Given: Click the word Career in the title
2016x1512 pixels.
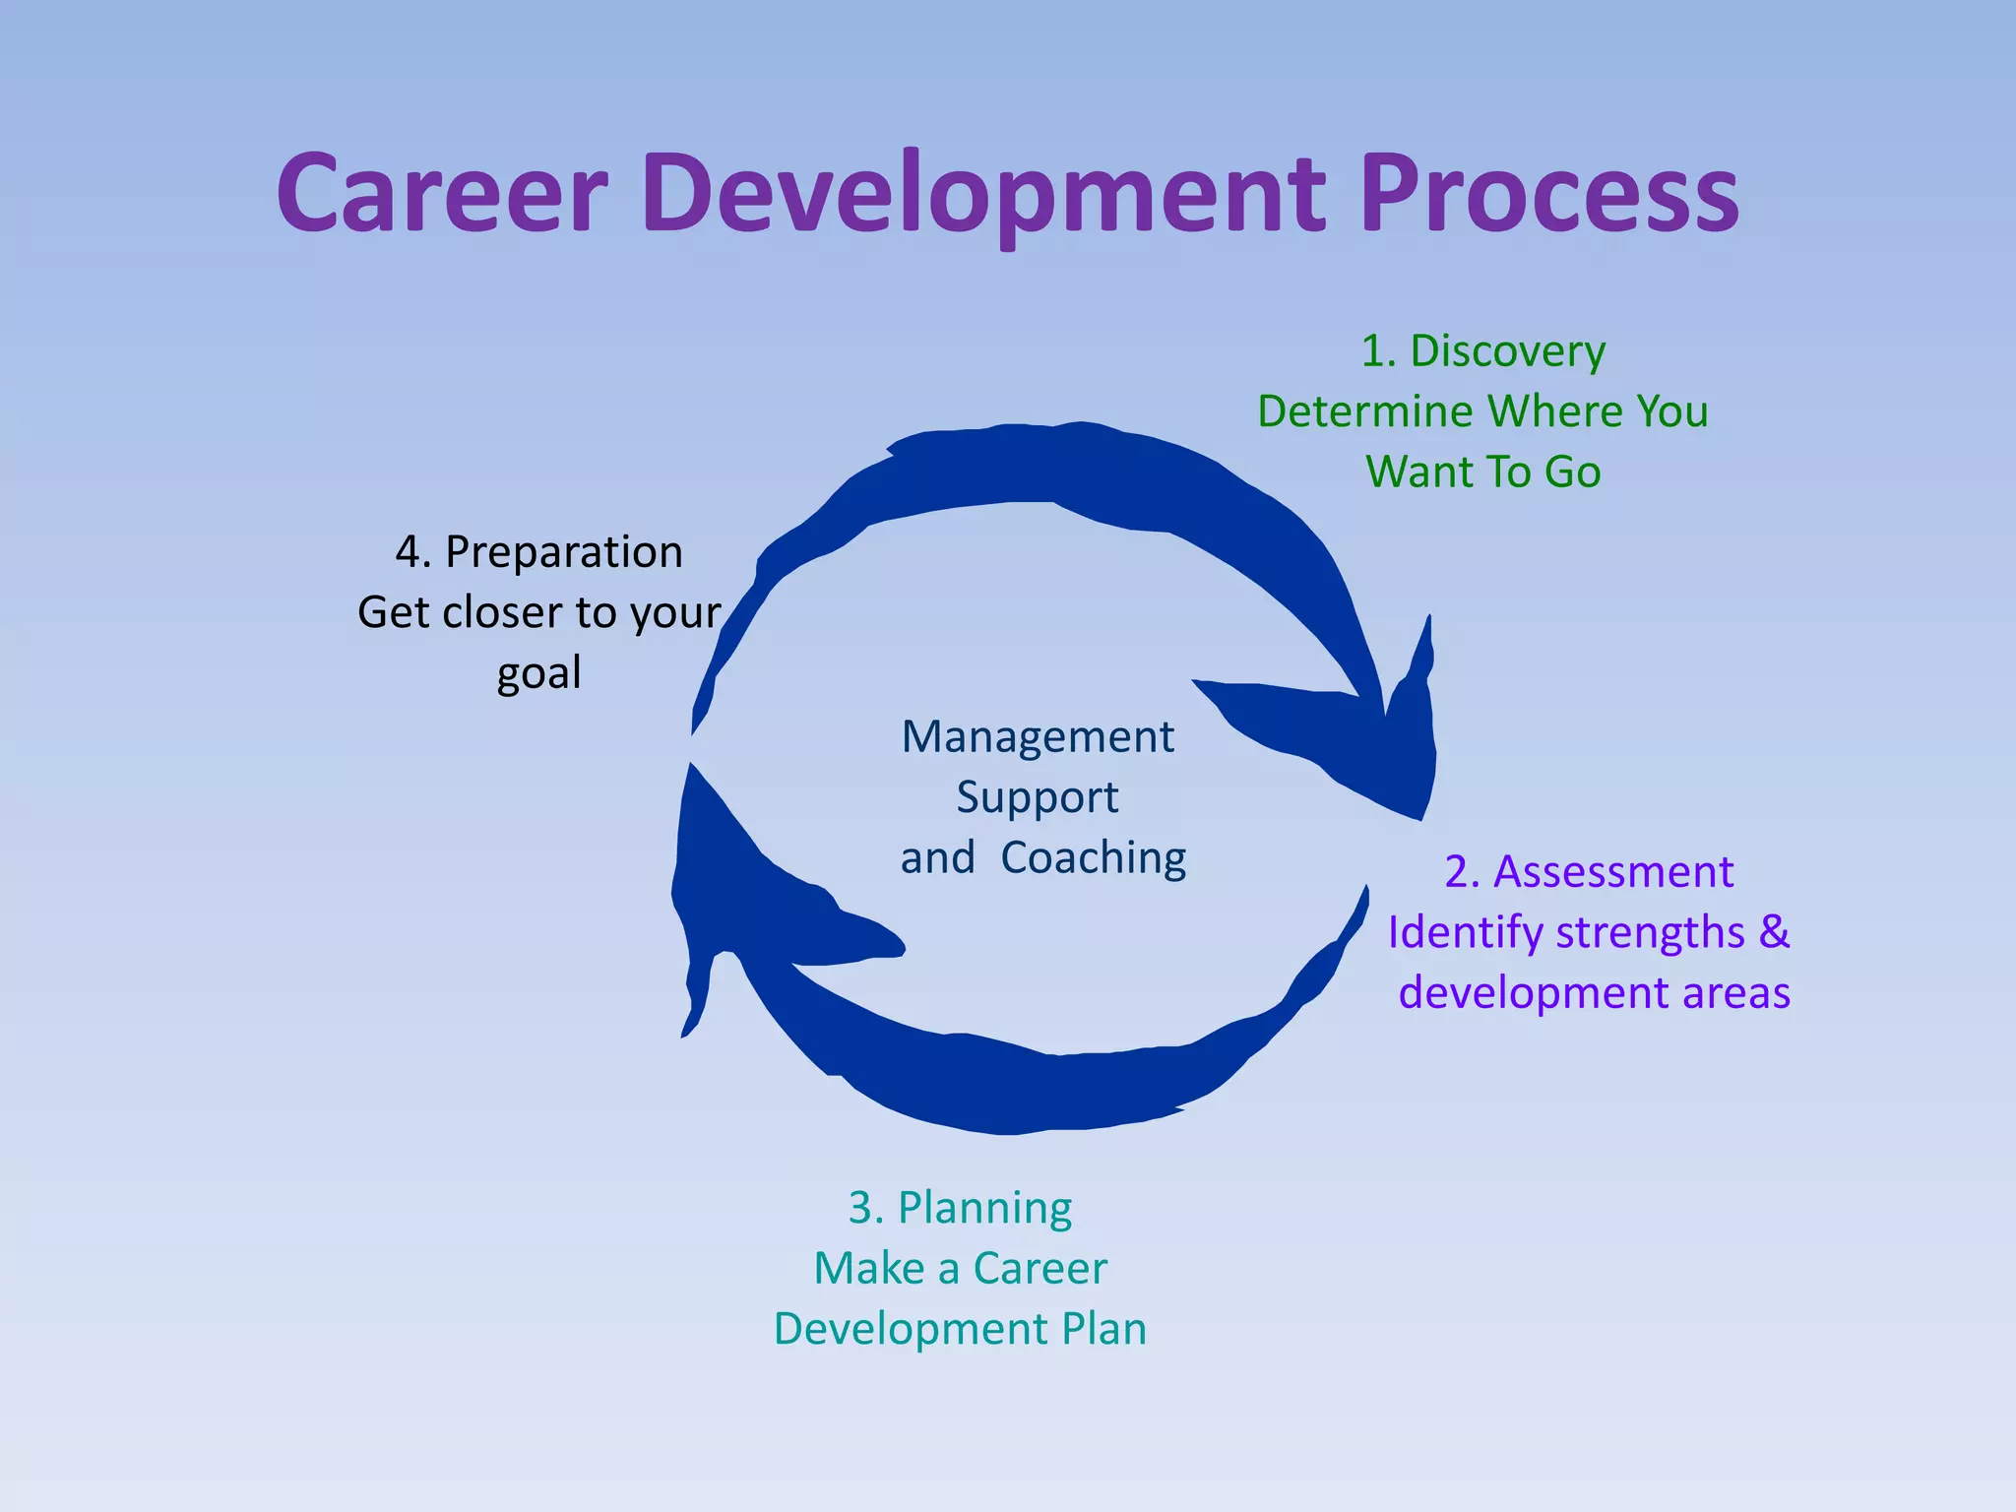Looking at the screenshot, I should click(442, 194).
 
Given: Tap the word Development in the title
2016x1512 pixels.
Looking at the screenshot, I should click(984, 194).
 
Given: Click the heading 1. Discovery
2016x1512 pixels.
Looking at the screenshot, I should click(1482, 351).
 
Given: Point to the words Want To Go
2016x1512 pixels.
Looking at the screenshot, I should click(1482, 472).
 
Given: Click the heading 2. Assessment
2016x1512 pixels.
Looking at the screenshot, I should click(1588, 872).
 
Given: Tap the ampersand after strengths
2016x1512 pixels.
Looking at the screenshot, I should click(1774, 931).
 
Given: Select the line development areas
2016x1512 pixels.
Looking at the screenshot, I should click(1594, 992).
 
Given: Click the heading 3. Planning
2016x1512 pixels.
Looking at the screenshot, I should click(960, 1208).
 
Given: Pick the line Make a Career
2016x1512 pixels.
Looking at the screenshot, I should click(960, 1268).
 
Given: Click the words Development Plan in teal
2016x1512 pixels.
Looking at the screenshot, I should click(960, 1329).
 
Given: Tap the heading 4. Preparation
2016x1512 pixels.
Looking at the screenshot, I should click(538, 552).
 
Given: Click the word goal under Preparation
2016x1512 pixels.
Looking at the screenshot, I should click(538, 674).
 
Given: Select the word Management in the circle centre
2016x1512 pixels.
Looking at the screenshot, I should click(1038, 737).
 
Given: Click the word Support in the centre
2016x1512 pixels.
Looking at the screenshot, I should click(1038, 797).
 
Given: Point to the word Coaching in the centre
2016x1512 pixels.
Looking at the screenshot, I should click(1093, 858).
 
